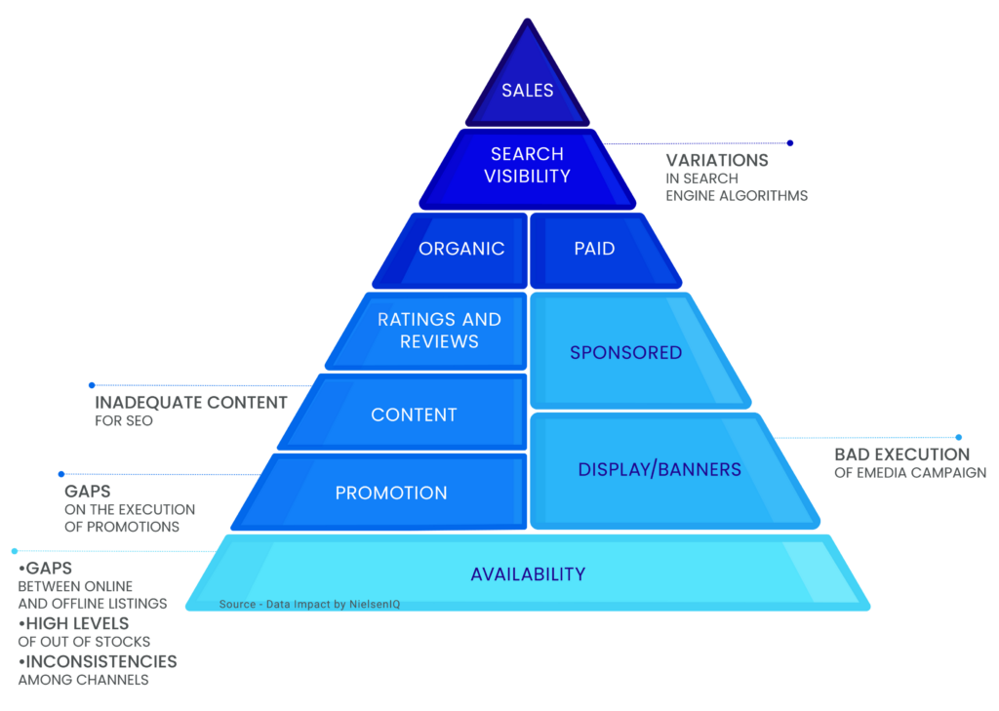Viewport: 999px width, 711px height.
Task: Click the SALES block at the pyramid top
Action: pyautogui.click(x=528, y=91)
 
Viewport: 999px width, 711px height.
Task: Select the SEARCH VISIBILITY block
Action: pyautogui.click(x=527, y=165)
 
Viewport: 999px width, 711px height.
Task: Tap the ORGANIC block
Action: pyautogui.click(x=461, y=249)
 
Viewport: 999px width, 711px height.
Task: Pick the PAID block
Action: pyautogui.click(x=594, y=249)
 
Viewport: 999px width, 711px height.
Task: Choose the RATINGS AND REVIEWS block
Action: pyautogui.click(x=439, y=331)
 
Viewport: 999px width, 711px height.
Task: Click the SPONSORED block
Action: pyautogui.click(x=625, y=352)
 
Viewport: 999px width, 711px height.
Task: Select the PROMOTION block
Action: pyautogui.click(x=391, y=493)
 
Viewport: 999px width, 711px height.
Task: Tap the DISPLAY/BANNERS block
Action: pyautogui.click(x=659, y=470)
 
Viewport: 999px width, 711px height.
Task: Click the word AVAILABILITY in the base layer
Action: pyautogui.click(x=528, y=574)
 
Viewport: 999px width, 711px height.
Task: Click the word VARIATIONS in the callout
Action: pyautogui.click(x=717, y=160)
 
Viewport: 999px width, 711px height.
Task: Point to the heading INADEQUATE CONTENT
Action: pyautogui.click(x=191, y=403)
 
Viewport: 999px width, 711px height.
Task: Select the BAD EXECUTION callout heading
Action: pyautogui.click(x=901, y=454)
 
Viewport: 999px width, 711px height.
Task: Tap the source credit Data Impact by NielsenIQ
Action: pyautogui.click(x=309, y=605)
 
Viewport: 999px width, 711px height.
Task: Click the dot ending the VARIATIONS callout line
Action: pyautogui.click(x=790, y=142)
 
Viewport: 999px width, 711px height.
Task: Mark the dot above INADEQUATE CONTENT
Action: pyautogui.click(x=92, y=385)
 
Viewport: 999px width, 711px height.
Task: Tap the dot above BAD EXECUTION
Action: pyautogui.click(x=959, y=437)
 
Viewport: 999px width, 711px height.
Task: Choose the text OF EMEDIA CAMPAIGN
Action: pyautogui.click(x=910, y=473)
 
